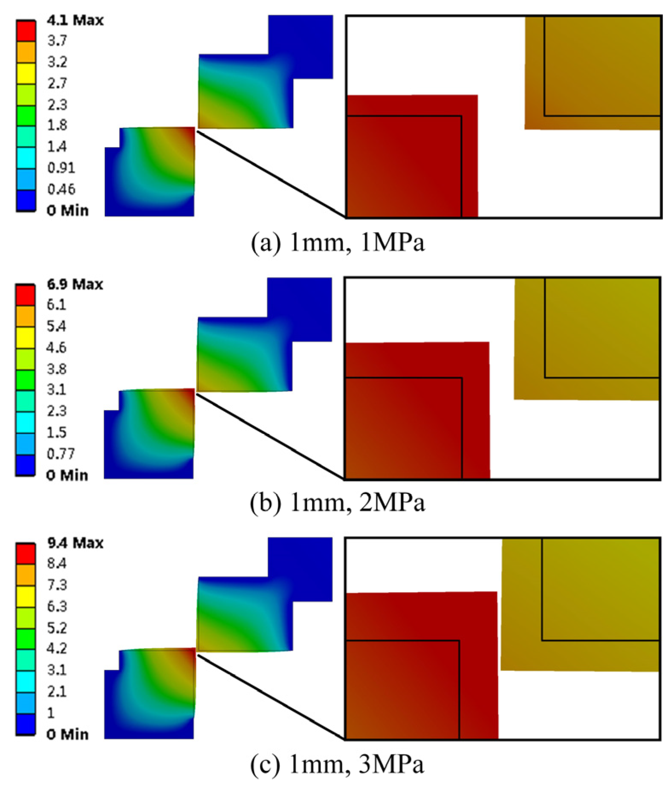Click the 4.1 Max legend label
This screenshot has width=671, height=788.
[x=75, y=20]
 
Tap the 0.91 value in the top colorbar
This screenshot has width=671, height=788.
[x=61, y=168]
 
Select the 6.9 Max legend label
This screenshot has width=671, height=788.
[x=75, y=284]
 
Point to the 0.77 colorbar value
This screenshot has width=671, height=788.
[x=61, y=454]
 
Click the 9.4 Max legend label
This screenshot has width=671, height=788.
[x=75, y=543]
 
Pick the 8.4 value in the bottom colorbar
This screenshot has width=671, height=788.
[x=57, y=564]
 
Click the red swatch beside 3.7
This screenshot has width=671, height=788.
[x=26, y=31]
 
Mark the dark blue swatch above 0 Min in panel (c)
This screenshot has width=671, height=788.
[x=26, y=724]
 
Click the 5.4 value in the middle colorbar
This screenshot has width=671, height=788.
[x=56, y=326]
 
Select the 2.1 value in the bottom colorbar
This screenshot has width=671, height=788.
[x=57, y=691]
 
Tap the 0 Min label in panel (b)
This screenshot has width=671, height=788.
[x=67, y=475]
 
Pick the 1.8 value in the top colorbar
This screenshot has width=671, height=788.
[x=57, y=125]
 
